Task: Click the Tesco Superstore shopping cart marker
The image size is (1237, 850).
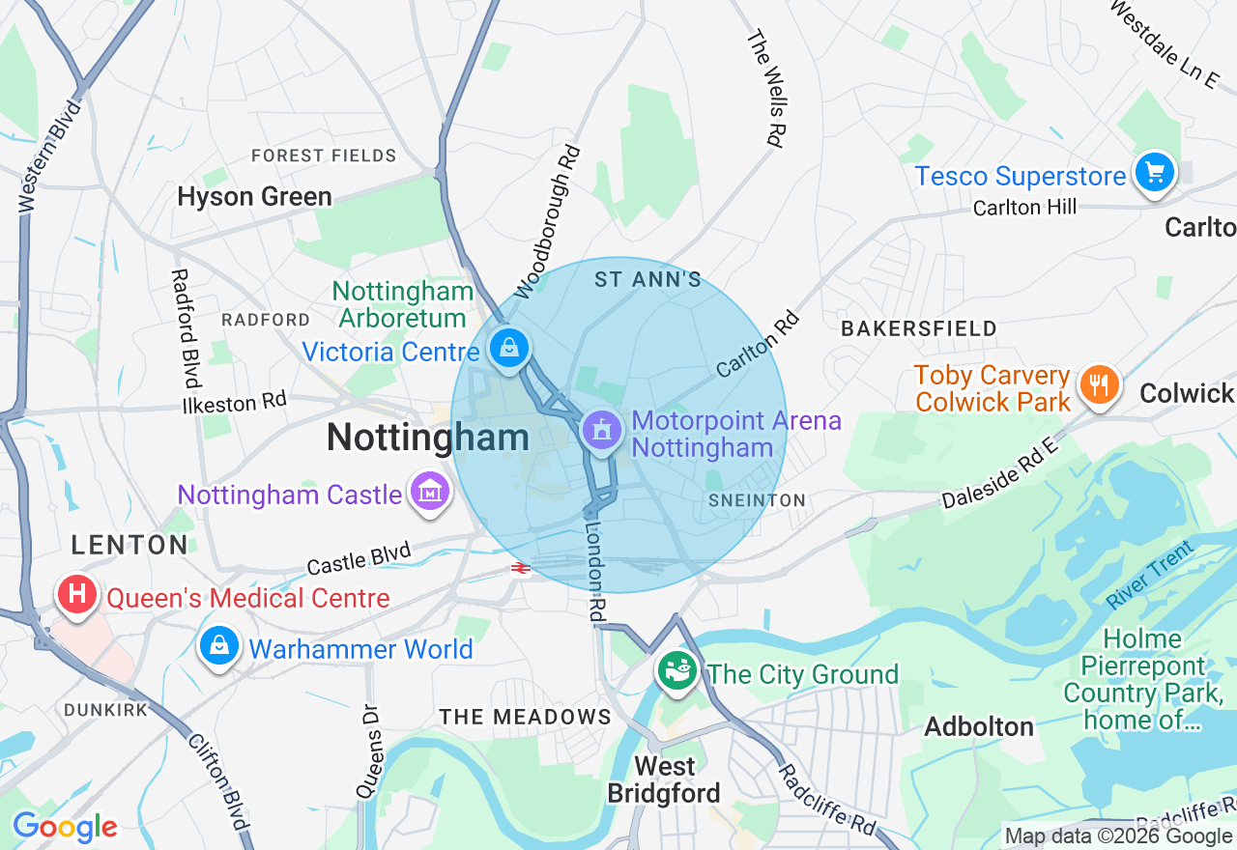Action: (x=1154, y=174)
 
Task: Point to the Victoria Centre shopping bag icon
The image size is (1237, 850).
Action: (x=508, y=348)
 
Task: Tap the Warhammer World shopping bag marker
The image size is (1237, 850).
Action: (x=219, y=646)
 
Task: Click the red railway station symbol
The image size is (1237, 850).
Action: (x=521, y=569)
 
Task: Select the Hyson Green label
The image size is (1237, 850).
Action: (x=254, y=197)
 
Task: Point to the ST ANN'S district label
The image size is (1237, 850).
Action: (x=647, y=280)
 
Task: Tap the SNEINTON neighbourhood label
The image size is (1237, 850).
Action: (x=757, y=500)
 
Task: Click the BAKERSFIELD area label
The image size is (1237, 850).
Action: (x=918, y=328)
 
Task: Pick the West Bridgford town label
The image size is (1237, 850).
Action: (x=665, y=780)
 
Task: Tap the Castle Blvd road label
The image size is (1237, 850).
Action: (x=359, y=558)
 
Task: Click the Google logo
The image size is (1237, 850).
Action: (x=65, y=828)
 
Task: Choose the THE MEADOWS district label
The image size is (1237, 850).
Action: (x=526, y=717)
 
